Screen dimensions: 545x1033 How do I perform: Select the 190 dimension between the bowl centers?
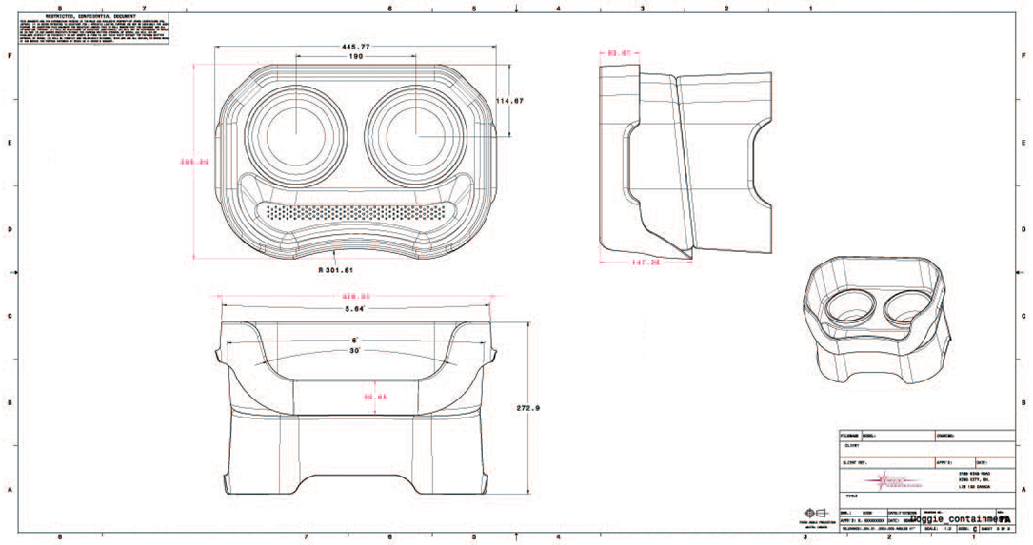(x=355, y=57)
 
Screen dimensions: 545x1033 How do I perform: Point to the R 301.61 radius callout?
(x=336, y=269)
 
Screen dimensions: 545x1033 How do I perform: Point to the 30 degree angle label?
(x=355, y=351)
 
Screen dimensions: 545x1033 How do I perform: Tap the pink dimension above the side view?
(x=620, y=53)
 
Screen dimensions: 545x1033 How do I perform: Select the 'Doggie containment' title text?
(x=952, y=519)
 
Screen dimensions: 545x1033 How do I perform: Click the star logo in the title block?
(x=871, y=481)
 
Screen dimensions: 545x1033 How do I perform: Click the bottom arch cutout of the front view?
(x=355, y=474)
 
